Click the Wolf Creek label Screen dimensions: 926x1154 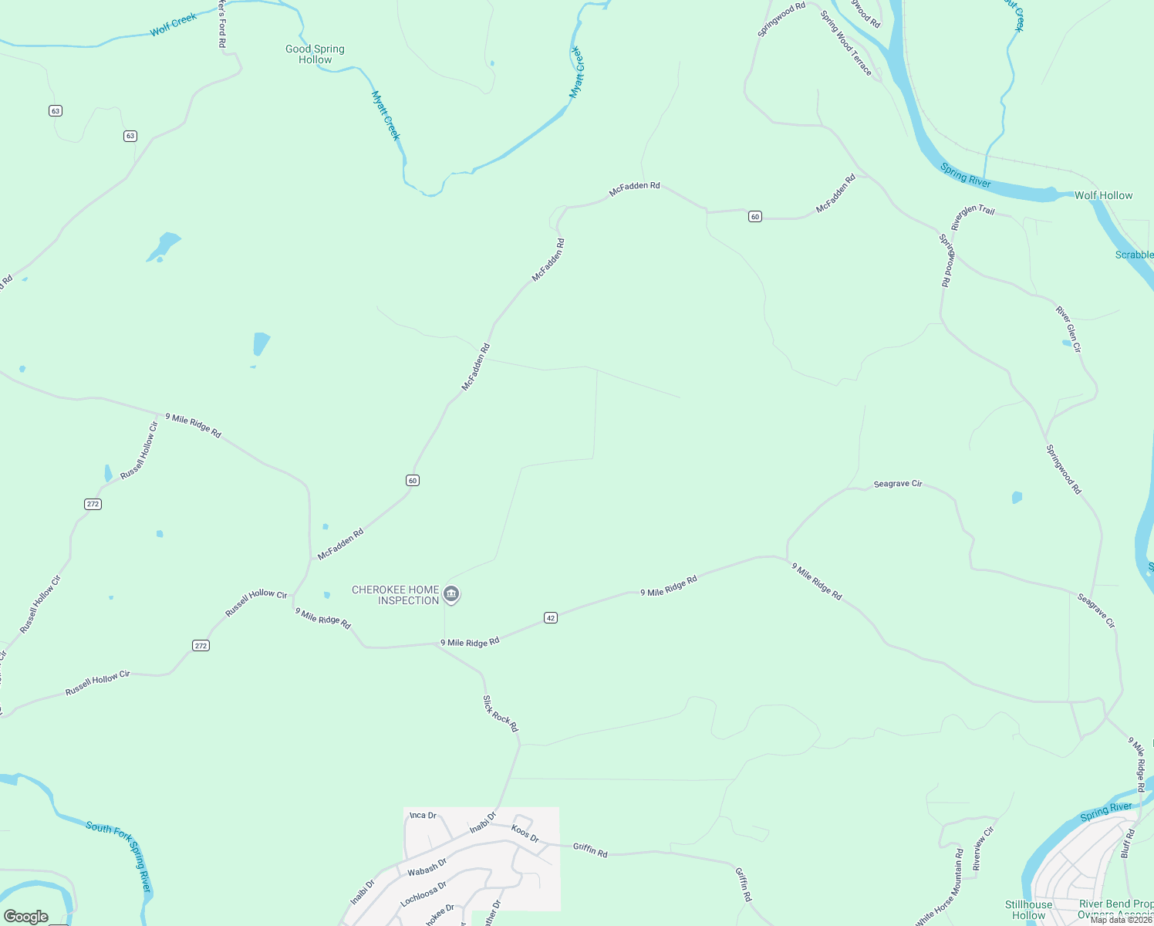pyautogui.click(x=174, y=25)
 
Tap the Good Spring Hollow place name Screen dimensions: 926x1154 pyautogui.click(x=315, y=54)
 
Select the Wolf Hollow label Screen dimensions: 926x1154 pyautogui.click(x=1103, y=195)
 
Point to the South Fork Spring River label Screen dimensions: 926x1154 pyautogui.click(x=120, y=855)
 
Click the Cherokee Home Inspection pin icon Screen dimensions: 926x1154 pyautogui.click(x=452, y=594)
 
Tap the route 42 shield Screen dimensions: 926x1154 pyautogui.click(x=550, y=617)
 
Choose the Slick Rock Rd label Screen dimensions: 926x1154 pyautogui.click(x=501, y=714)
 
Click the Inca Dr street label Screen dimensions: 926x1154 pyautogui.click(x=423, y=815)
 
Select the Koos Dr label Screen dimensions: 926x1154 pyautogui.click(x=525, y=833)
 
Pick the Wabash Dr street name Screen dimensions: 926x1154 pyautogui.click(x=427, y=867)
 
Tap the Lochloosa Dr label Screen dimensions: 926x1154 pyautogui.click(x=423, y=894)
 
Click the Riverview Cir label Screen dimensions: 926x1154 pyautogui.click(x=984, y=848)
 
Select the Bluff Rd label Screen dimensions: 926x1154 pyautogui.click(x=1128, y=843)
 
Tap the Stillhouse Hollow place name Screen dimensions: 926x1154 pyautogui.click(x=1028, y=910)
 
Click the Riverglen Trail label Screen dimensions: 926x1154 pyautogui.click(x=973, y=218)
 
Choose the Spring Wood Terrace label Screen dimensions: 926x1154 pyautogui.click(x=846, y=43)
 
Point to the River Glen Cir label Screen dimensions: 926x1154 pyautogui.click(x=1068, y=330)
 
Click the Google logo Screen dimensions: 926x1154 pyautogui.click(x=26, y=917)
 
